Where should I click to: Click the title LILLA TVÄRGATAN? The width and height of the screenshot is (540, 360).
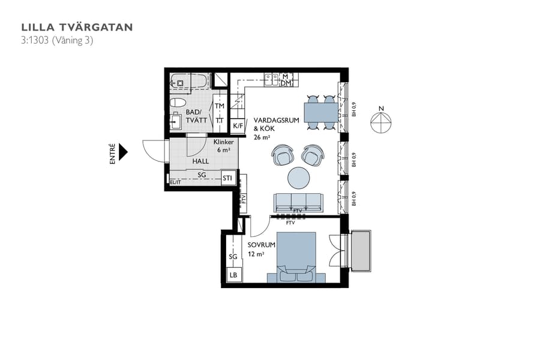[77, 27]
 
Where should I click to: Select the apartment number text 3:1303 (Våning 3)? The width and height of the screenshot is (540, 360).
[57, 41]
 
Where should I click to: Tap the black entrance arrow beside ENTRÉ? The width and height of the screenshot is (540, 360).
[124, 152]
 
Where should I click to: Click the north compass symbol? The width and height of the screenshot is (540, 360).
[380, 122]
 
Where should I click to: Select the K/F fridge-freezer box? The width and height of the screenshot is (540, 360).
[238, 125]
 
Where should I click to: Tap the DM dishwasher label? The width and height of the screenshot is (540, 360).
[286, 83]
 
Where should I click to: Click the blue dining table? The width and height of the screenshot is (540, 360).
[320, 112]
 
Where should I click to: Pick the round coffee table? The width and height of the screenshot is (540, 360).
[299, 178]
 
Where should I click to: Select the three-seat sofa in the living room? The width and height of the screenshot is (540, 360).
[298, 202]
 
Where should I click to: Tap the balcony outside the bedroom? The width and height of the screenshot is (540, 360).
[362, 250]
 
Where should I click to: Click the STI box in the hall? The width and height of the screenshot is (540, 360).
[227, 178]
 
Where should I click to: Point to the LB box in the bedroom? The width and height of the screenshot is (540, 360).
[233, 275]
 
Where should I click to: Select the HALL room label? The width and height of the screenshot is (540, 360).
[200, 162]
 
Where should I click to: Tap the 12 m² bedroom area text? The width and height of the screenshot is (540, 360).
[256, 254]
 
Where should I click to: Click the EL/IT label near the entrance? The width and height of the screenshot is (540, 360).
[175, 182]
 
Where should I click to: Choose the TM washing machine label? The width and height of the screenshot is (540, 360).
[220, 106]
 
